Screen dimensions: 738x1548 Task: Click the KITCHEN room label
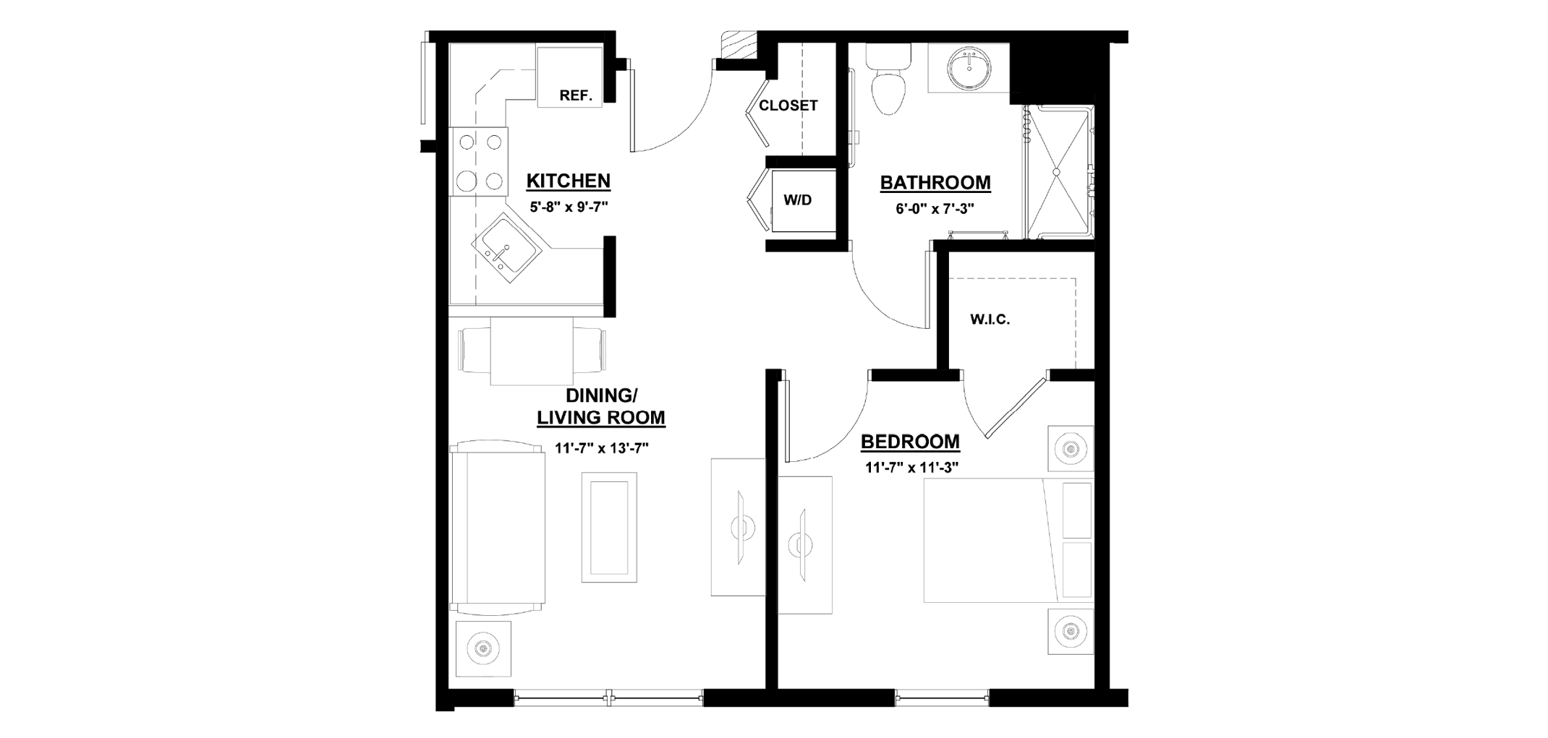coord(568,181)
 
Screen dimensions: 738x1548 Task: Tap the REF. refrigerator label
coord(576,95)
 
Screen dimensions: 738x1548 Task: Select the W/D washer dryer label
coord(798,200)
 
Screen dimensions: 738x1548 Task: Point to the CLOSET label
coord(788,106)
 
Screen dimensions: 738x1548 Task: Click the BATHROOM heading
coord(935,183)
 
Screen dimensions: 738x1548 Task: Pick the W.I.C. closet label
coord(990,319)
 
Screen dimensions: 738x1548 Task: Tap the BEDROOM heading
coord(910,442)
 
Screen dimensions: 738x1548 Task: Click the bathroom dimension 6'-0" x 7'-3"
coord(935,209)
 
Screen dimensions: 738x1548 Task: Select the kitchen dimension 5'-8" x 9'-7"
coord(569,207)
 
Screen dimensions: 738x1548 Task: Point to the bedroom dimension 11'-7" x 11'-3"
coord(911,468)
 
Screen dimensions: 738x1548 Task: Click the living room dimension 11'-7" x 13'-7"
coord(601,448)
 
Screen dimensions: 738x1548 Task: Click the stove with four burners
coord(479,161)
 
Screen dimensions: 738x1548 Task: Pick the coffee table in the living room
coord(609,527)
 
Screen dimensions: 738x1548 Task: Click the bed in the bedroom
coord(1008,540)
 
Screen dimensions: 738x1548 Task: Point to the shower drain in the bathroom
coord(1055,172)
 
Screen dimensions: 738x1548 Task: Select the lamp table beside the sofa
coord(482,648)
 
